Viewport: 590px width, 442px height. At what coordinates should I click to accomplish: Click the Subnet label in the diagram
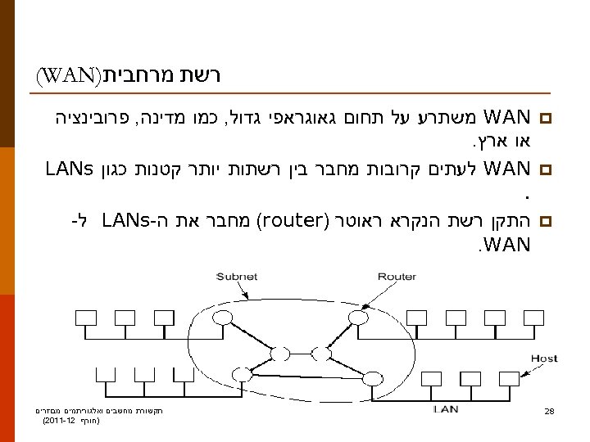(x=236, y=277)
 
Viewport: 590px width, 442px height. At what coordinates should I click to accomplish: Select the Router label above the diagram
(x=397, y=277)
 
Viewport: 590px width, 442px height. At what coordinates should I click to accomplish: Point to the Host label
(x=543, y=359)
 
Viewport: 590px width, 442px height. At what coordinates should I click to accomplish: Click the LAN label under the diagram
(x=445, y=408)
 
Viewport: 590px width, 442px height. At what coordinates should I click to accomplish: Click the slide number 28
(x=550, y=411)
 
